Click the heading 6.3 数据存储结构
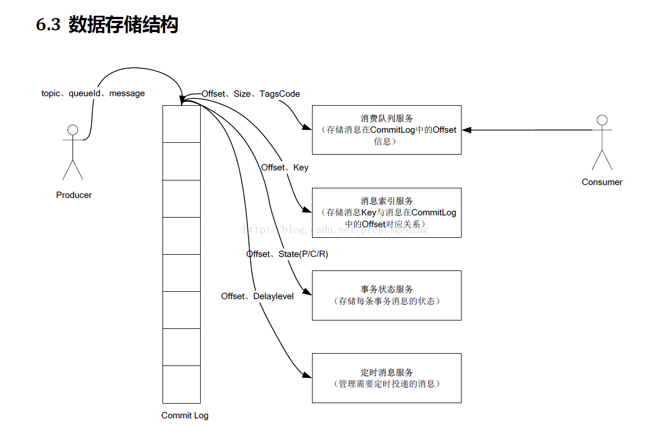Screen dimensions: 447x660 [x=107, y=25]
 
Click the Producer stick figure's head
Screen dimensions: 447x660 [x=73, y=130]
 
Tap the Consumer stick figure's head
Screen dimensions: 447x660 [x=602, y=120]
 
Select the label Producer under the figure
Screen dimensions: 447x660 [x=74, y=195]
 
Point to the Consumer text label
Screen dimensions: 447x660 [x=602, y=182]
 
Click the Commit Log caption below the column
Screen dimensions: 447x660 [x=184, y=416]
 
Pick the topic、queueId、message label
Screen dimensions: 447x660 [x=93, y=93]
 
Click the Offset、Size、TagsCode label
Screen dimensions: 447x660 [x=251, y=94]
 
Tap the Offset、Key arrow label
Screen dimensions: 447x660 [x=284, y=168]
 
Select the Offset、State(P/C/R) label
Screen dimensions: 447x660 [x=287, y=254]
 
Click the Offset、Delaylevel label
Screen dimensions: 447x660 [x=257, y=296]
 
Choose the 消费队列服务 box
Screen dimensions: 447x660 [x=386, y=130]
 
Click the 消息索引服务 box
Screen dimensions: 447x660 [x=386, y=213]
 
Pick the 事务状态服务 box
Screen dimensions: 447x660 [x=386, y=295]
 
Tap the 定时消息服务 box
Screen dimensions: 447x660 [x=386, y=378]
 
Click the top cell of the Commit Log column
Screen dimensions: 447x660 [x=182, y=124]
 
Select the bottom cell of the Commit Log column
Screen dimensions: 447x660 [x=182, y=385]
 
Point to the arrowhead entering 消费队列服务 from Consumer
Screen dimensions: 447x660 [x=467, y=130]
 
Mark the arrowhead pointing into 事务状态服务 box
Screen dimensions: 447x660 [x=307, y=292]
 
